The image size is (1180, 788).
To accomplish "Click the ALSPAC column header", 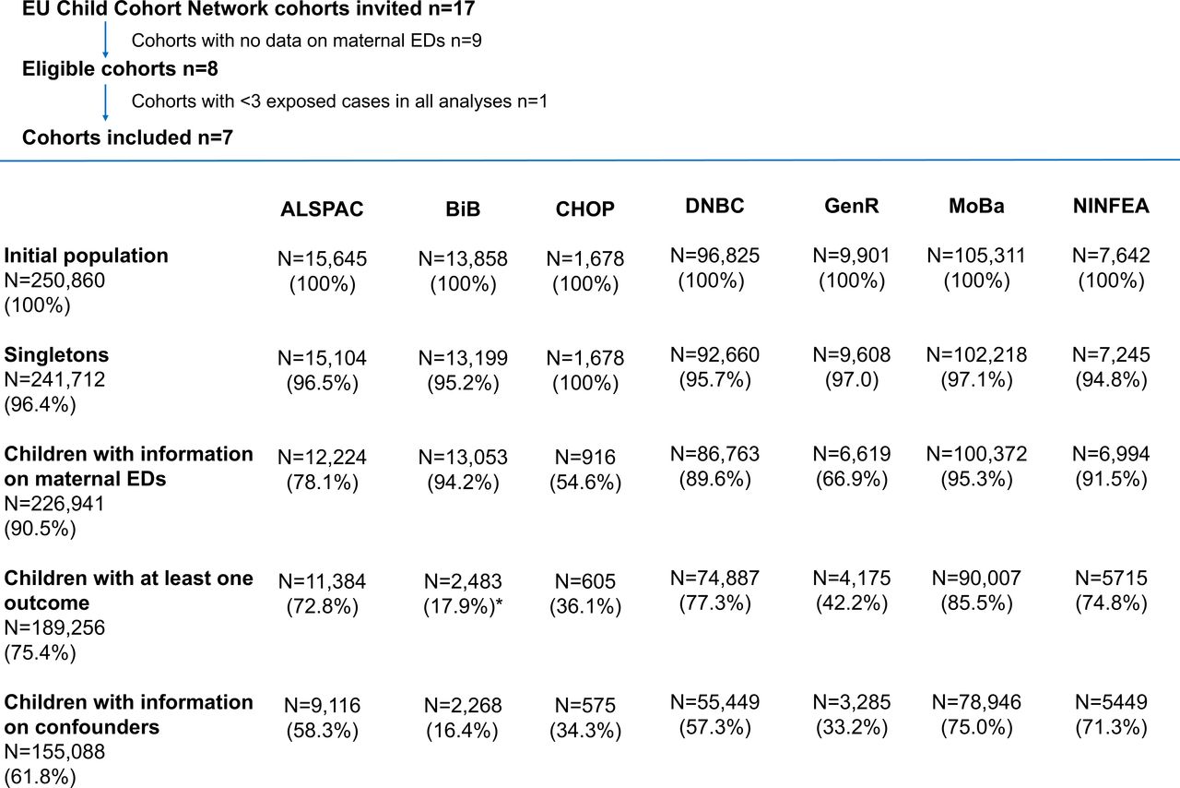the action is (x=322, y=209).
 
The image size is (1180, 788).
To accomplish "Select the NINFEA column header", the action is (x=1111, y=206).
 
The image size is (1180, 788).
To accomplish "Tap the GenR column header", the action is (x=851, y=206).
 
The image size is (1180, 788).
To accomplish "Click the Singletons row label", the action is (x=56, y=355).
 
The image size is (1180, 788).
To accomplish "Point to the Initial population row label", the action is (x=87, y=256).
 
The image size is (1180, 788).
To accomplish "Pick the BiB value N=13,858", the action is (x=463, y=259).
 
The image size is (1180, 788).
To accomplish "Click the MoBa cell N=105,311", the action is (x=976, y=256).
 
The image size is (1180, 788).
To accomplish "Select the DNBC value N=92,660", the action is (x=714, y=355).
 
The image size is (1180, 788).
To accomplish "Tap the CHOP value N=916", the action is (x=584, y=458).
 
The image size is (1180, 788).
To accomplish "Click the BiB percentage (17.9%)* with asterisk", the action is (x=463, y=606).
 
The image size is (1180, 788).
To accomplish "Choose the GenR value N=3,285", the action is (x=851, y=702).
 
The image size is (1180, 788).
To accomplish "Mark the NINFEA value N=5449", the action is (x=1111, y=702).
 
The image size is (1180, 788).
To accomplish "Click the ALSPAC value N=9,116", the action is (x=322, y=706).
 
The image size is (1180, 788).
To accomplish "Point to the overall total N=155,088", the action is (x=54, y=752).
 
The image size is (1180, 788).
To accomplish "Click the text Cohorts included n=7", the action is (x=127, y=137).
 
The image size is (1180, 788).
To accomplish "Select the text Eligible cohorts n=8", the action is (x=120, y=69).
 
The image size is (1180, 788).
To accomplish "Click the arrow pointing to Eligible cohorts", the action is (x=105, y=40).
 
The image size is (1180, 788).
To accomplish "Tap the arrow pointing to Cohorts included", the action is (x=105, y=102).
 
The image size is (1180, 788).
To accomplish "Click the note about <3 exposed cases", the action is (x=340, y=101).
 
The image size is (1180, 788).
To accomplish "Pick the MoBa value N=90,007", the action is (x=976, y=579).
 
